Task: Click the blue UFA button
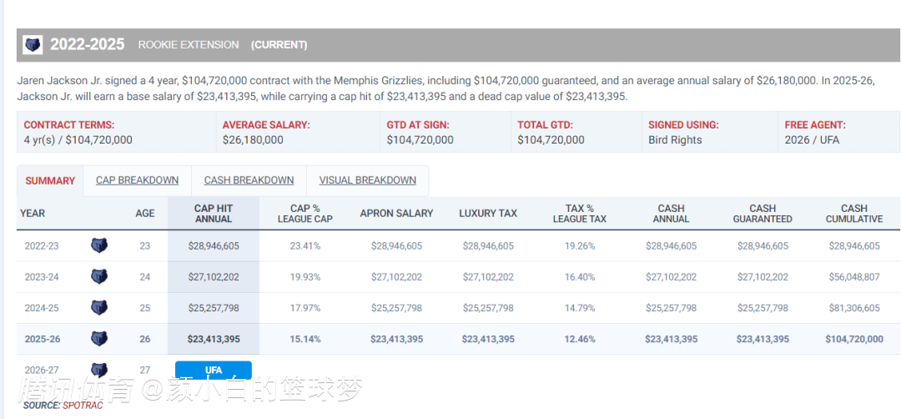[x=213, y=370]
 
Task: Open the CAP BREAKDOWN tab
[x=137, y=180]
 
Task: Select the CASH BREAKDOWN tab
[x=249, y=180]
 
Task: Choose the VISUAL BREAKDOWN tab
[x=367, y=180]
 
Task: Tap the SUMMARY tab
[x=50, y=181]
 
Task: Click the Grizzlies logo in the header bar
[x=33, y=45]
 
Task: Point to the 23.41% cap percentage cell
[x=305, y=246]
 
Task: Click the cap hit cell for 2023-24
[x=213, y=277]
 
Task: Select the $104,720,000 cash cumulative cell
[x=853, y=339]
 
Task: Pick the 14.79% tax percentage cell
[x=579, y=308]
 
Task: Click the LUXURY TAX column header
[x=487, y=214]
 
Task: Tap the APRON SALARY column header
[x=396, y=214]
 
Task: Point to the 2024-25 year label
[x=42, y=308]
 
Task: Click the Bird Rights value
[x=675, y=140]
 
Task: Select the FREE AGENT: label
[x=815, y=125]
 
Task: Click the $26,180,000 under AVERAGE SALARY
[x=253, y=140]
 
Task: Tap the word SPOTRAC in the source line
[x=73, y=405]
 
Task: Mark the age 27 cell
[x=145, y=370]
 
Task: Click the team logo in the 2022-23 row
[x=98, y=246]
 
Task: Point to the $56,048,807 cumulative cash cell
[x=853, y=277]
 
